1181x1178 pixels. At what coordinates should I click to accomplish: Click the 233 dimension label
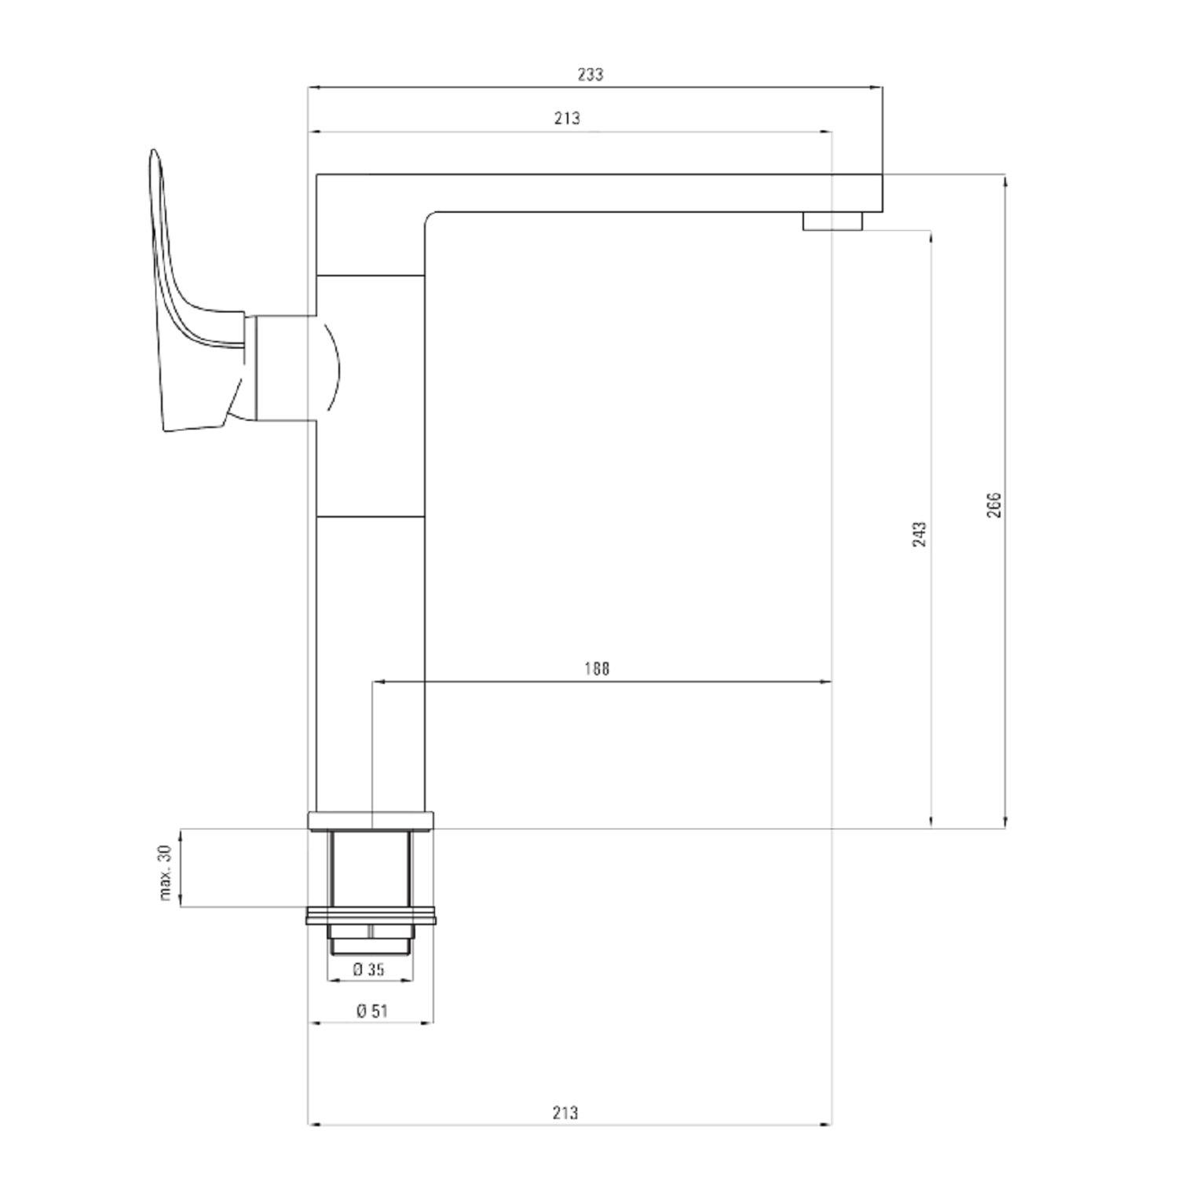point(590,75)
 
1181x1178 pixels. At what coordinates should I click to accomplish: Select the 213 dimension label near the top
point(567,119)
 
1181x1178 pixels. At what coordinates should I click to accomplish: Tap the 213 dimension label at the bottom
point(565,1112)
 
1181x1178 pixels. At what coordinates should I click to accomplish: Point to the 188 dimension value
point(597,669)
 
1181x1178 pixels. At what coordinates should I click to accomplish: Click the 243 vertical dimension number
point(920,534)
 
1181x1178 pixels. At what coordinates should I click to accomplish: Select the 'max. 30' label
point(166,873)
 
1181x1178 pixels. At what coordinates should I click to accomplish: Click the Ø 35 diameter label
point(369,969)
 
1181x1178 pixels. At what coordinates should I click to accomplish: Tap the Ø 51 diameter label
point(372,1012)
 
